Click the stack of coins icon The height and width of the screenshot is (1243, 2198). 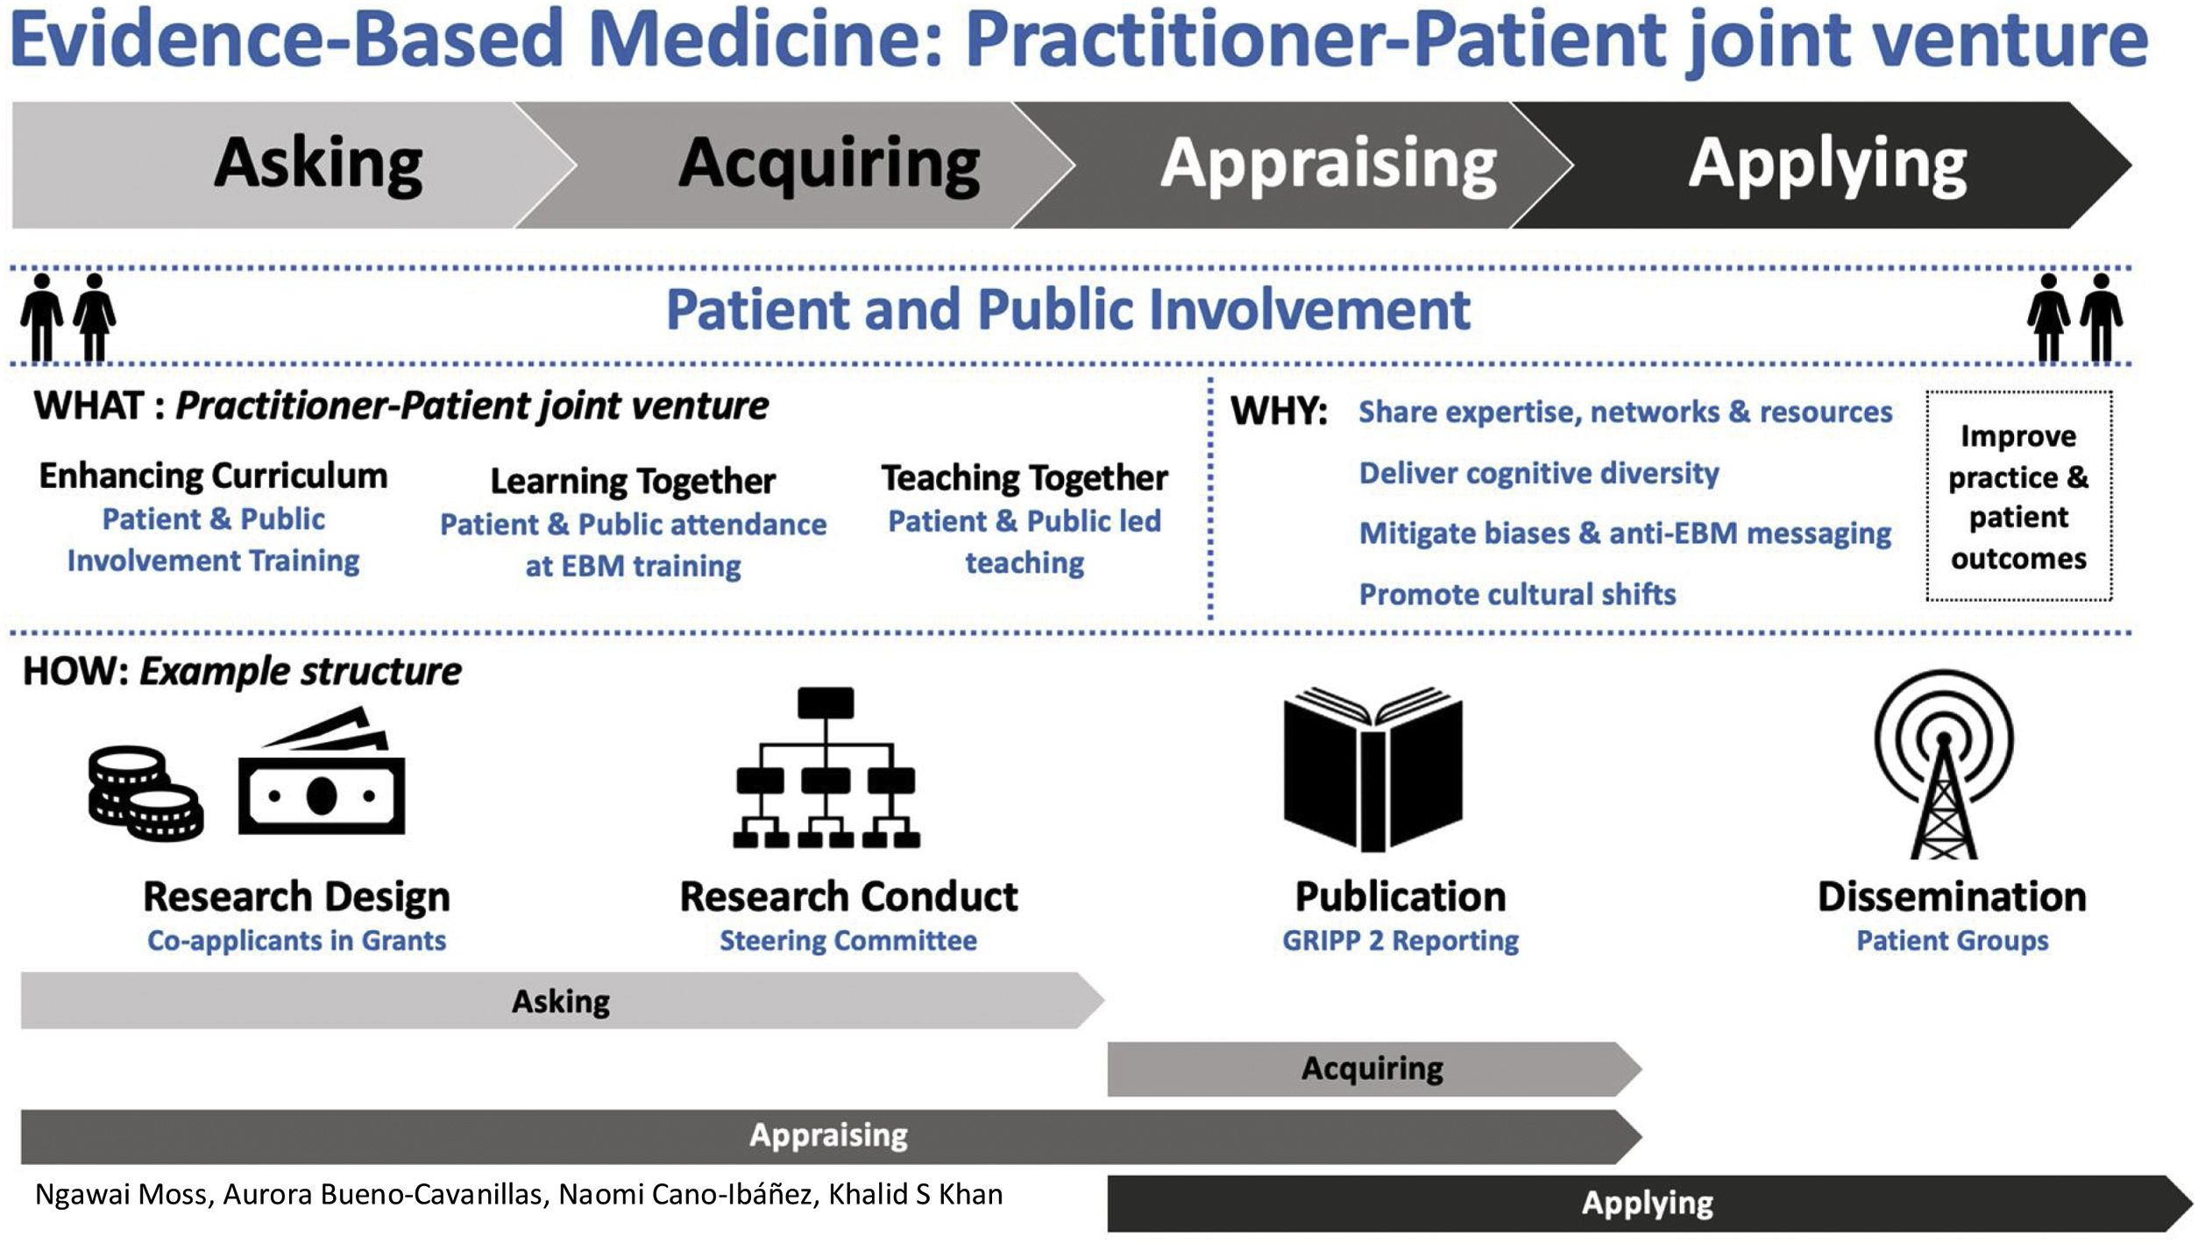tap(145, 793)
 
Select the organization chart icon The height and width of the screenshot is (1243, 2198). tap(826, 769)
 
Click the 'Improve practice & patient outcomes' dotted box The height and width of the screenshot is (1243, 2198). tap(2018, 496)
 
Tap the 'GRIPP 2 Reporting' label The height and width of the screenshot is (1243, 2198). tap(1400, 941)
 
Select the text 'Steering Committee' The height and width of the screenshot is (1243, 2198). tap(847, 941)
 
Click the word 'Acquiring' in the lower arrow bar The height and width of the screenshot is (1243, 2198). tap(1372, 1069)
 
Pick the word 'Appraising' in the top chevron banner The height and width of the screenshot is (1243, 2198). tap(1329, 164)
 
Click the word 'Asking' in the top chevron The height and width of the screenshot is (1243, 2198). tap(318, 164)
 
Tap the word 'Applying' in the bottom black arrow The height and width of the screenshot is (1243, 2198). tap(1647, 1203)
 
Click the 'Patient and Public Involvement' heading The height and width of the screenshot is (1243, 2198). tap(1067, 310)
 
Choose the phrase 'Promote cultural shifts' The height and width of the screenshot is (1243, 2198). tap(1517, 595)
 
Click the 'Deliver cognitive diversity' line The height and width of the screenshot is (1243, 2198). tap(1538, 474)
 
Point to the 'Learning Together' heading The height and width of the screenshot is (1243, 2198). tap(633, 481)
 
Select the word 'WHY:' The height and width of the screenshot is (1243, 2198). tap(1279, 412)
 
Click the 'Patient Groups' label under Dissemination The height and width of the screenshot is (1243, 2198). tap(1953, 941)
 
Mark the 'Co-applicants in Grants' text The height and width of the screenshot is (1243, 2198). tap(296, 941)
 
